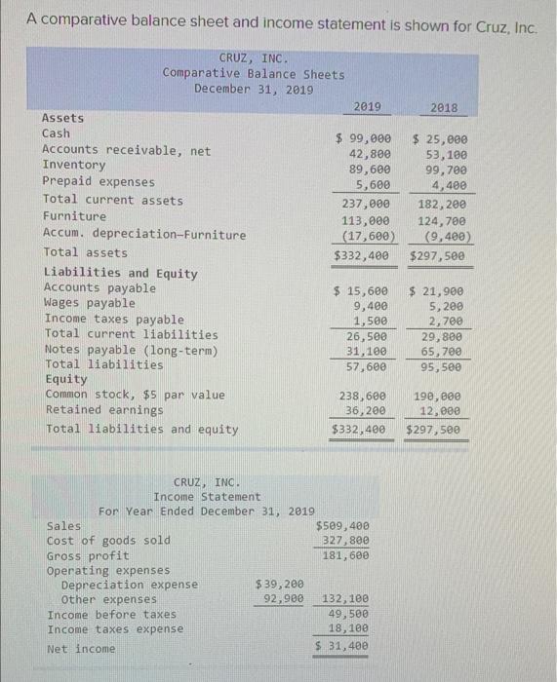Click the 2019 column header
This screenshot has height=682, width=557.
(x=367, y=107)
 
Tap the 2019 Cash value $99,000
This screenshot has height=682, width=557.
(x=363, y=139)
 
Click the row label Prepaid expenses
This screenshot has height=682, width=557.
(x=98, y=182)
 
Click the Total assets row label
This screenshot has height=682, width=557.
(x=85, y=252)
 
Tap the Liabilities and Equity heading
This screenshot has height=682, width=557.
(x=120, y=274)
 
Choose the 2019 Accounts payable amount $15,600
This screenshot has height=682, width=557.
(x=362, y=291)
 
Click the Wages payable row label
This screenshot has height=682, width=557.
(x=90, y=303)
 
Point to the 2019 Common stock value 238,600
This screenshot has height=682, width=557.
(x=363, y=396)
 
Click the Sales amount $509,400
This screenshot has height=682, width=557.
(x=342, y=526)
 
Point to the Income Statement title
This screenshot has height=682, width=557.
(x=206, y=497)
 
